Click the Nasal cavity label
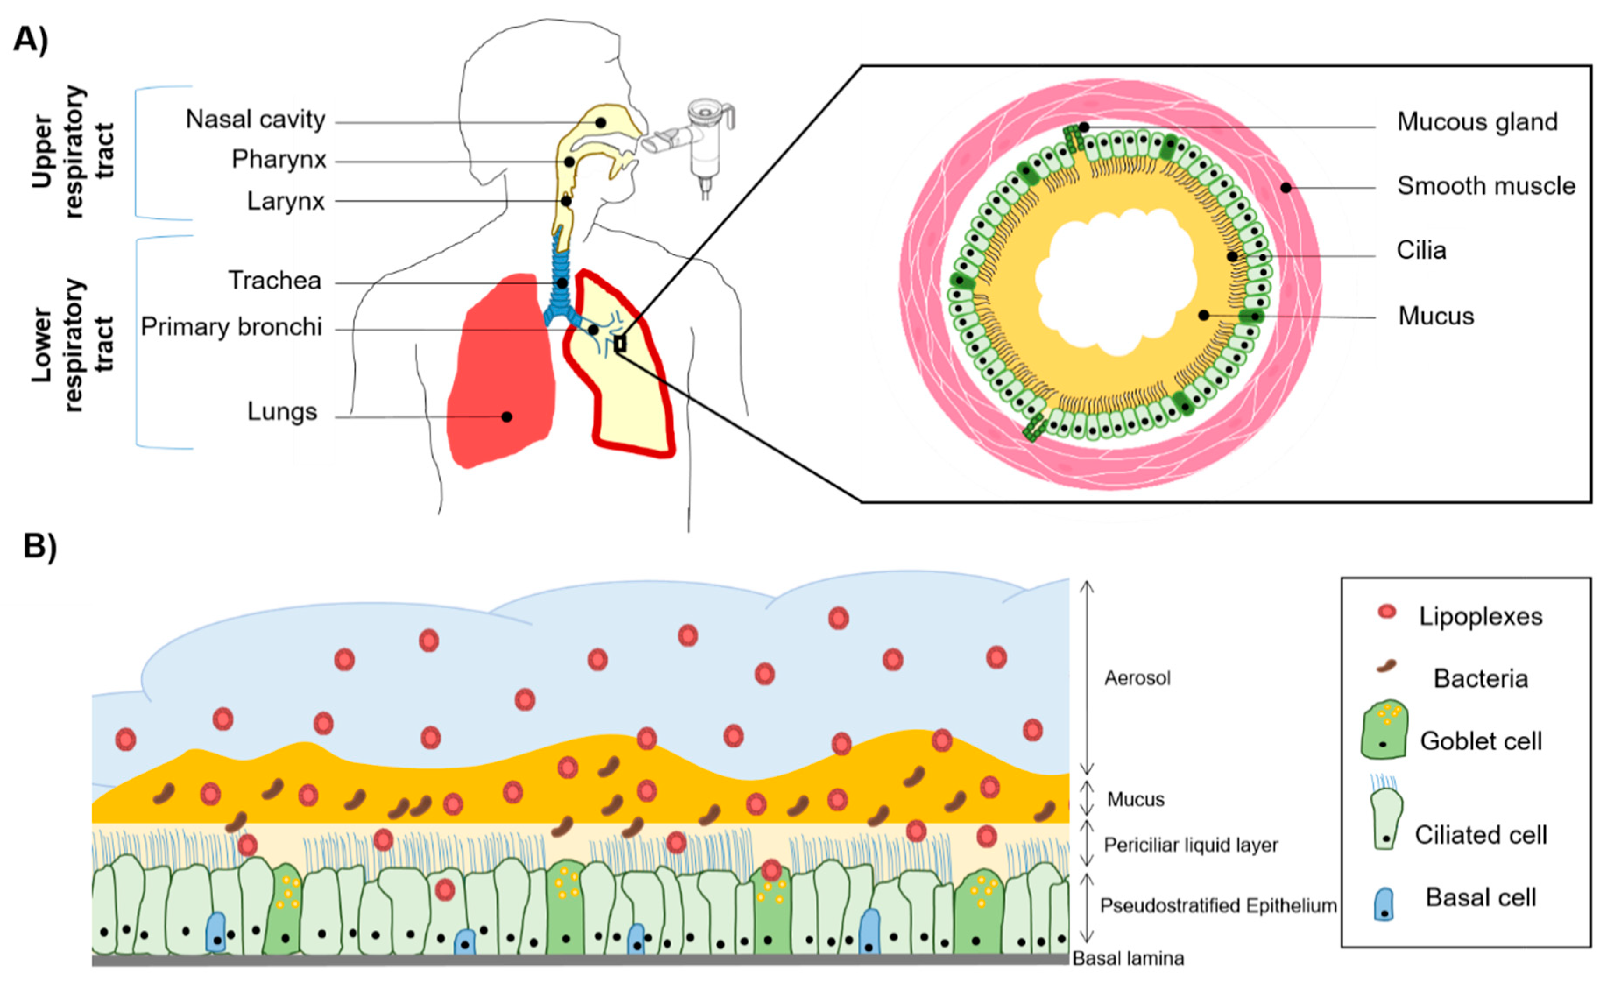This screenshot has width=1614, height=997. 255,120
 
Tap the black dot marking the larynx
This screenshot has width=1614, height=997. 566,201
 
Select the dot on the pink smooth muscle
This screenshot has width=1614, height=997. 1285,188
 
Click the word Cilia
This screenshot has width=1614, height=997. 1421,250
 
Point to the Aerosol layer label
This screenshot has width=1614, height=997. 1137,678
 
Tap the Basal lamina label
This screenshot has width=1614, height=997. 1128,958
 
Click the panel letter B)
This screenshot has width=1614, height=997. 39,546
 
